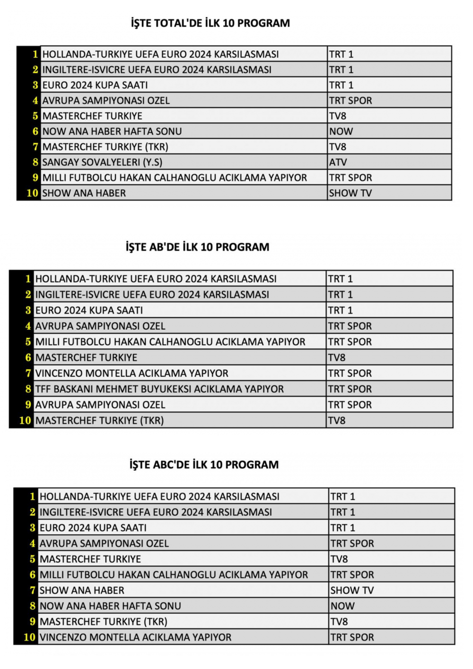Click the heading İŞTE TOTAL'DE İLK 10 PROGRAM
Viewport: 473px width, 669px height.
pyautogui.click(x=210, y=23)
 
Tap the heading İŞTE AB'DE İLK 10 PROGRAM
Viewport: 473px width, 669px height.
pyautogui.click(x=198, y=247)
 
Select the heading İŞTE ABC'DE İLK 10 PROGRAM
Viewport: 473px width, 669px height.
pyautogui.click(x=204, y=464)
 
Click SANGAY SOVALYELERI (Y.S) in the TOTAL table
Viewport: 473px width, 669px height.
pyautogui.click(x=102, y=162)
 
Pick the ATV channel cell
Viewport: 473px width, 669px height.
pyautogui.click(x=338, y=162)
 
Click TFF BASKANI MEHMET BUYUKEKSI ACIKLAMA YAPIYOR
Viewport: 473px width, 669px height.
pyautogui.click(x=159, y=389)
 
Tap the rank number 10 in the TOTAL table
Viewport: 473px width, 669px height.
pyautogui.click(x=32, y=193)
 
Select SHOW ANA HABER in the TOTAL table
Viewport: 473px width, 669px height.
pyautogui.click(x=84, y=193)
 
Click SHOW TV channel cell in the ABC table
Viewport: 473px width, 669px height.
pyautogui.click(x=352, y=590)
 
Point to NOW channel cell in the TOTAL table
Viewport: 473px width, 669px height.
pyautogui.click(x=341, y=131)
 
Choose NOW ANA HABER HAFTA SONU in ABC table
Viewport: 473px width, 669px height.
pyautogui.click(x=110, y=606)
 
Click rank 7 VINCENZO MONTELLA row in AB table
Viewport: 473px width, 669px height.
pyautogui.click(x=131, y=374)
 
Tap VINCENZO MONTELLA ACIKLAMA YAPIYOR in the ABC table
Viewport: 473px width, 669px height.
pyautogui.click(x=135, y=637)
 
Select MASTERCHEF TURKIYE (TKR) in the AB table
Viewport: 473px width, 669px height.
pyautogui.click(x=99, y=420)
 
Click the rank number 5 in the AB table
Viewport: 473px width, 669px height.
pyautogui.click(x=28, y=342)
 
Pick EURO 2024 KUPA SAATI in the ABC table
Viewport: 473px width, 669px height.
pyautogui.click(x=93, y=528)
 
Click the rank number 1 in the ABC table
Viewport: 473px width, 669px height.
pyautogui.click(x=32, y=496)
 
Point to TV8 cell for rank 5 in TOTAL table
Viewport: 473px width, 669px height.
pyautogui.click(x=338, y=116)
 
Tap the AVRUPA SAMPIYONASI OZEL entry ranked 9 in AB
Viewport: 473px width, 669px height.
pyautogui.click(x=100, y=405)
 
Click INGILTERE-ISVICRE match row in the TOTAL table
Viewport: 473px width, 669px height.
pyautogui.click(x=157, y=70)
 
